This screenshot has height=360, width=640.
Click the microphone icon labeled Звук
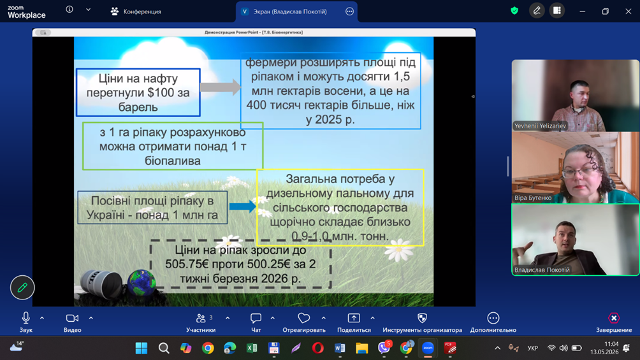click(x=25, y=317)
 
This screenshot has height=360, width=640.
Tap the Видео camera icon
click(x=72, y=318)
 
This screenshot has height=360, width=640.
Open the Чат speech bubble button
click(x=256, y=318)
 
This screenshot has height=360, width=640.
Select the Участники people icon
click(x=200, y=318)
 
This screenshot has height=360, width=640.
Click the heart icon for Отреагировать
click(x=303, y=317)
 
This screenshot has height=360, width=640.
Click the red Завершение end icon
click(x=614, y=317)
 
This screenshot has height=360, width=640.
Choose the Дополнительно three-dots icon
click(x=493, y=317)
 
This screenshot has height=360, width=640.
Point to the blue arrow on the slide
click(x=242, y=206)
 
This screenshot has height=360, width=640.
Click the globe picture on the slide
click(x=142, y=282)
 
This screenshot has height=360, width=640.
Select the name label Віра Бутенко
click(x=533, y=198)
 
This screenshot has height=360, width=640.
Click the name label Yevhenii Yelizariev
click(x=540, y=126)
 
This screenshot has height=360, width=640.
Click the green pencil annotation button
click(x=22, y=287)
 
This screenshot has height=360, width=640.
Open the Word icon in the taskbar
click(x=340, y=348)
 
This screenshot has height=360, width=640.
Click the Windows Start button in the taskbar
click(x=142, y=348)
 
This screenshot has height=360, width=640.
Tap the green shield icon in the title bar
click(x=514, y=11)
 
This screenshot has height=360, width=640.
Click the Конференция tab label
click(x=142, y=11)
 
